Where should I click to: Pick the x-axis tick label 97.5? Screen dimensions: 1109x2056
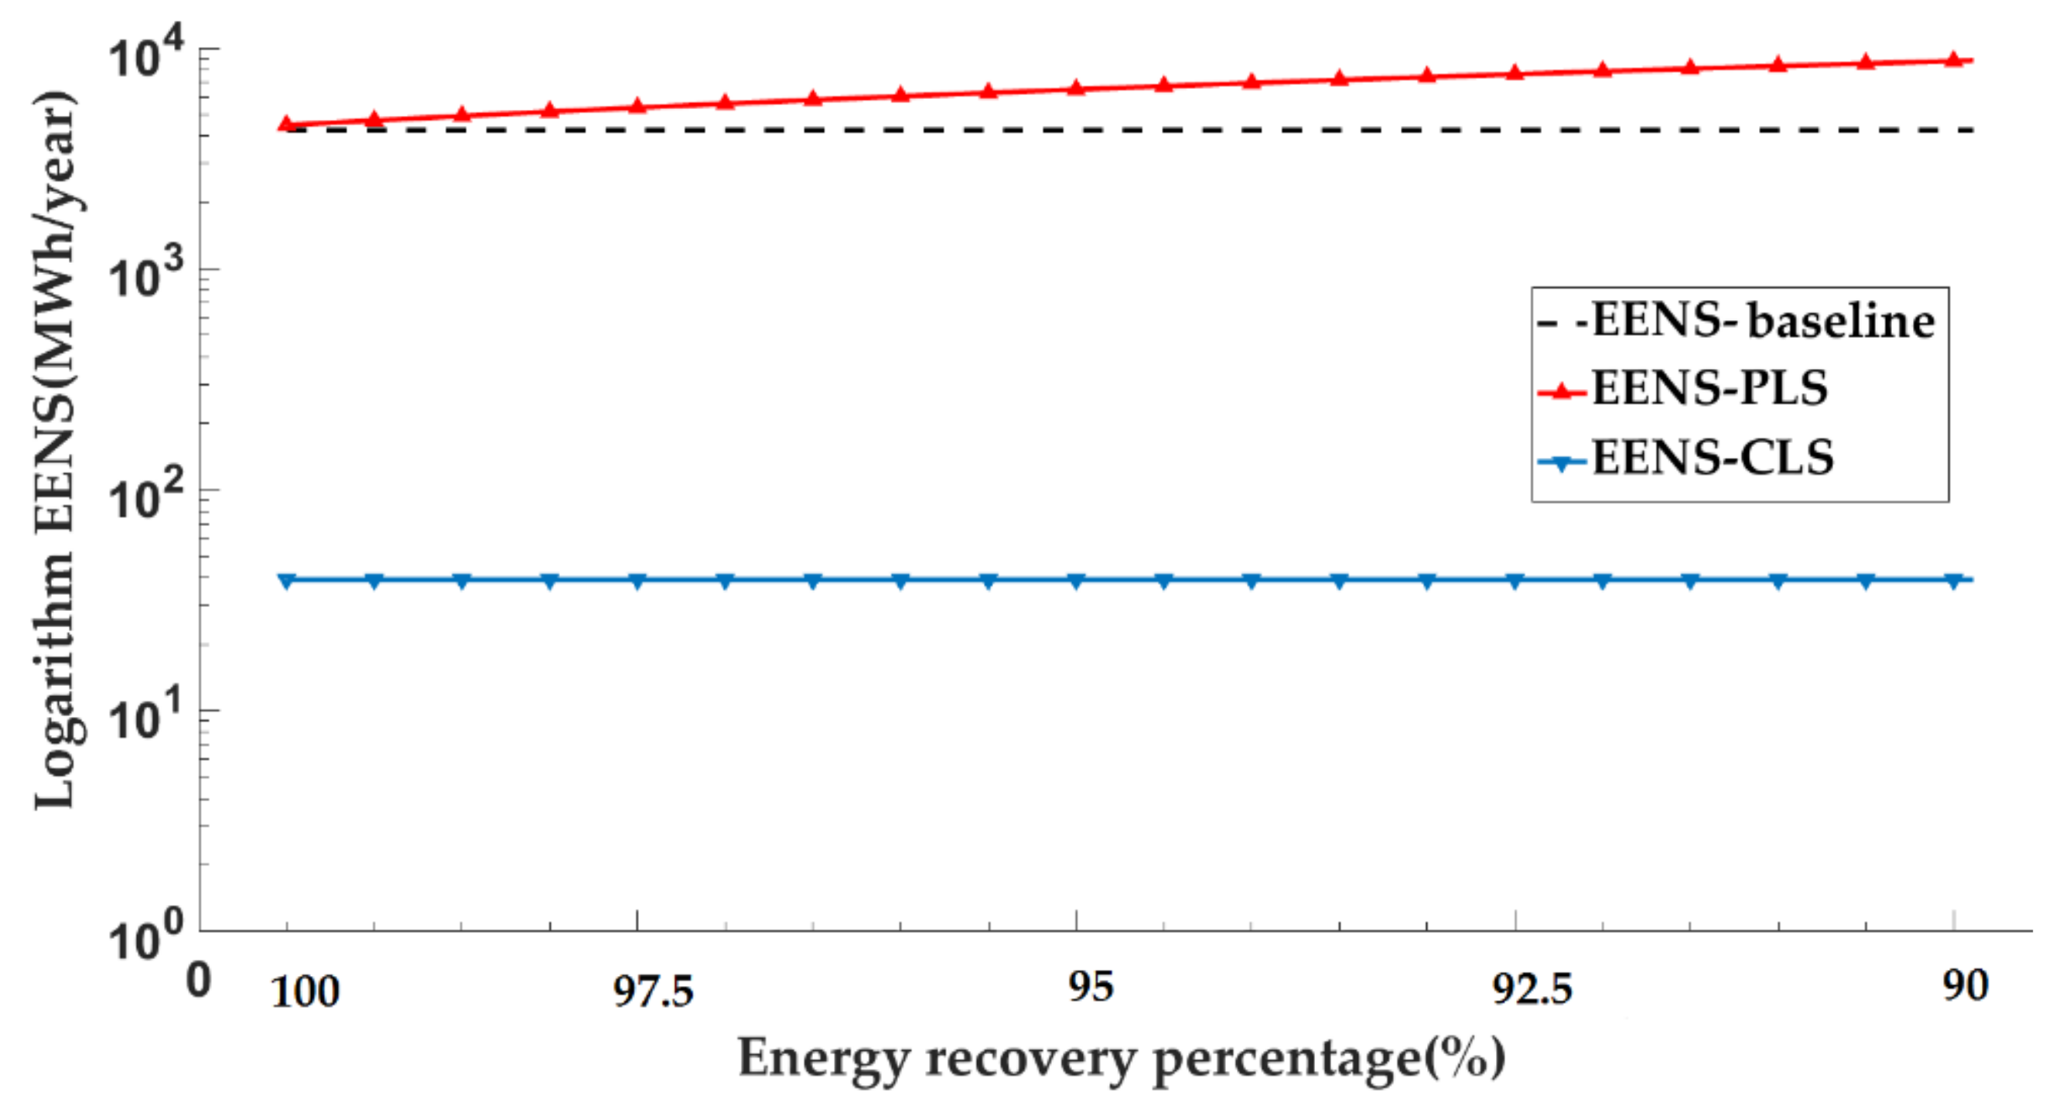pyautogui.click(x=653, y=991)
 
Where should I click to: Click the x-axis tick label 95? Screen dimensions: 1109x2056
pyautogui.click(x=1090, y=987)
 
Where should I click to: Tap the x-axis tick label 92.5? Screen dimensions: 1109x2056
pyautogui.click(x=1532, y=990)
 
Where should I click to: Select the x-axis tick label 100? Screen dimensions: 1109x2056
pyautogui.click(x=305, y=992)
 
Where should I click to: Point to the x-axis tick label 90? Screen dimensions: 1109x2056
pyautogui.click(x=1965, y=986)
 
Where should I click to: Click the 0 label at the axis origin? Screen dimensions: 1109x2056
pyautogui.click(x=199, y=980)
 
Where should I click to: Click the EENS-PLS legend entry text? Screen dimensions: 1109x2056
pyautogui.click(x=1709, y=388)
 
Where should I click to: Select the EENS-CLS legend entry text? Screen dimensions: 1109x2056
pyautogui.click(x=1713, y=458)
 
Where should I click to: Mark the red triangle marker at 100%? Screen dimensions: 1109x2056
pyautogui.click(x=286, y=124)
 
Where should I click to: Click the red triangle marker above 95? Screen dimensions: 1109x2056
pyautogui.click(x=1076, y=87)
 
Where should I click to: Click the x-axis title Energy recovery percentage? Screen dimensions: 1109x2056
pyautogui.click(x=1122, y=1059)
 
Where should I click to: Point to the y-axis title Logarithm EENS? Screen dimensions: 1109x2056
pyautogui.click(x=55, y=451)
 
